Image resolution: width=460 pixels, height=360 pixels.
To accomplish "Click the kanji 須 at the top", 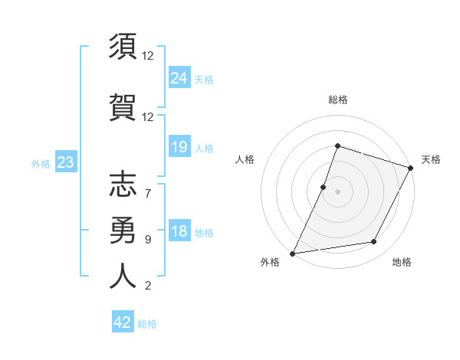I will coord(123,47).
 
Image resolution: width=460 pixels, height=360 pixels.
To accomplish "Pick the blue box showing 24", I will coord(179,77).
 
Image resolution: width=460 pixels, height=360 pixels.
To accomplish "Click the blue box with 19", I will coord(179,146).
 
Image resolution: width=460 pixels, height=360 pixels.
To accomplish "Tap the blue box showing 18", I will coord(179,231).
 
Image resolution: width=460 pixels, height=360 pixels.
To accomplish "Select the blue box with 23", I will coord(65,162).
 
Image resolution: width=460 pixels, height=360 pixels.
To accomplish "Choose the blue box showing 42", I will coord(123,322).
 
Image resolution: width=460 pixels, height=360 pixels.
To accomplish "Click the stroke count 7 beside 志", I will coord(147,185).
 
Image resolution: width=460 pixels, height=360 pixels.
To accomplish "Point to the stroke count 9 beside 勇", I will coord(147,240).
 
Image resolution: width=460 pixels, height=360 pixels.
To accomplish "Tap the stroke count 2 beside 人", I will coord(147,286).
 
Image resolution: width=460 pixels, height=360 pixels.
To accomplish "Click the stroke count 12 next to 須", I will coord(149,56).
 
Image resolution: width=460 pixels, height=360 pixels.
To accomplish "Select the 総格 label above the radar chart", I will coord(337,100).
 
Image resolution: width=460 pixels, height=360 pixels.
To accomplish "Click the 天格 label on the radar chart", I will coord(431,159).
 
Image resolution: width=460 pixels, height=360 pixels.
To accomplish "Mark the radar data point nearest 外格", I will coord(292,254).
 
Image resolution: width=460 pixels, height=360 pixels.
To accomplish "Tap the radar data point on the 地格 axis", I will coord(374,242).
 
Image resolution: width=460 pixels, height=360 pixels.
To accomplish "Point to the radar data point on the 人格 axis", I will coord(324,187).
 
